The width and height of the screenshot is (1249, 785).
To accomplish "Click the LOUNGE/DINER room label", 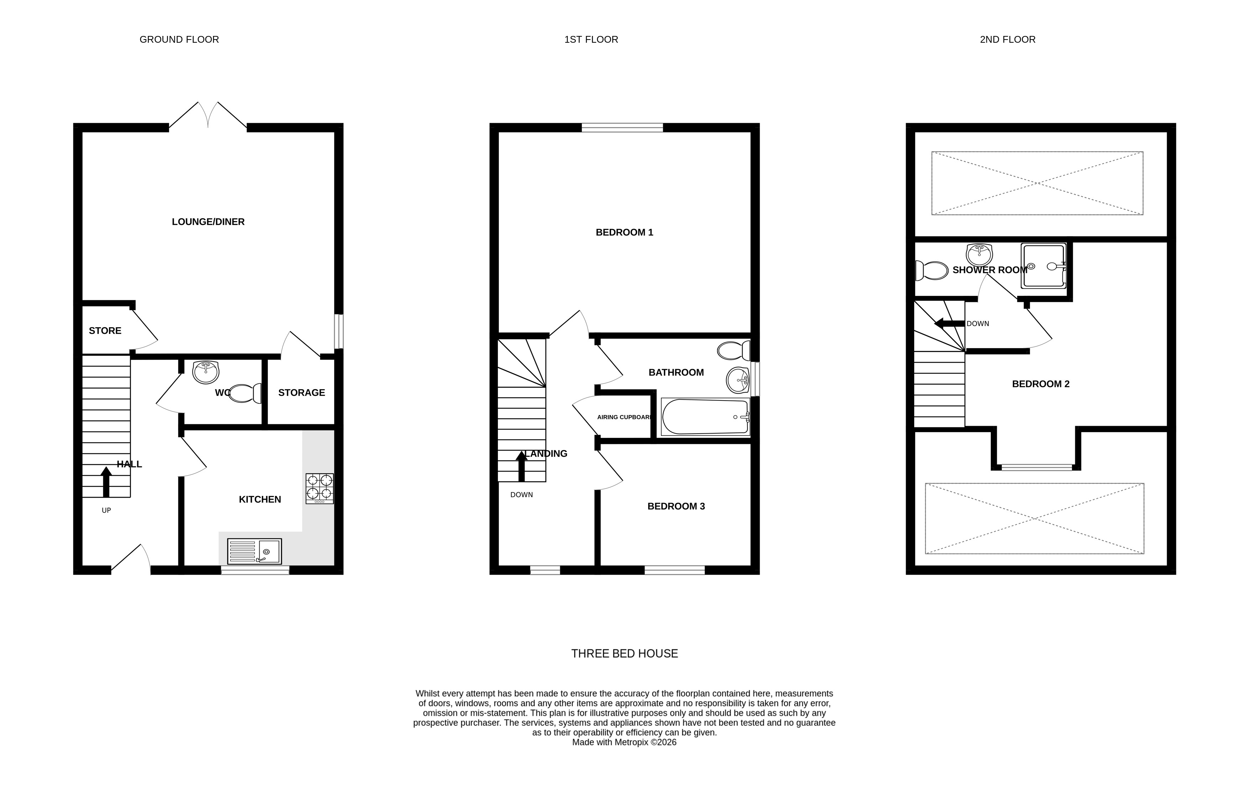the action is click(208, 222).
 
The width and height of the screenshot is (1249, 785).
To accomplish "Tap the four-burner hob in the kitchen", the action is click(319, 488).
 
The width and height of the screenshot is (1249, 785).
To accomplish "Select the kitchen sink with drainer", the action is click(254, 551).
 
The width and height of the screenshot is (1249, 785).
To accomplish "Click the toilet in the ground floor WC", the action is click(245, 393).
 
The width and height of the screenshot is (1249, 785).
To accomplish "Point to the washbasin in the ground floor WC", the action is click(205, 372).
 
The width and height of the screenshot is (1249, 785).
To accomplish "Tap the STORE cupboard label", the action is click(105, 331).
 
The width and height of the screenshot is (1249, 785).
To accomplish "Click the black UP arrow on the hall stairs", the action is click(106, 482).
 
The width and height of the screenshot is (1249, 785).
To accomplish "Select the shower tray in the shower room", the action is click(1044, 266).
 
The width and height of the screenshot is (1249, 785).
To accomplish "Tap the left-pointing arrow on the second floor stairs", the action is click(949, 324).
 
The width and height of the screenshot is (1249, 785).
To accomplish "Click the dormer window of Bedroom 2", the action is click(1036, 468).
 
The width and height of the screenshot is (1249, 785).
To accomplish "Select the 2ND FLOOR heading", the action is click(1007, 40).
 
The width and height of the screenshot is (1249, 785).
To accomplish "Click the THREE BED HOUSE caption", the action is click(625, 654).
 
